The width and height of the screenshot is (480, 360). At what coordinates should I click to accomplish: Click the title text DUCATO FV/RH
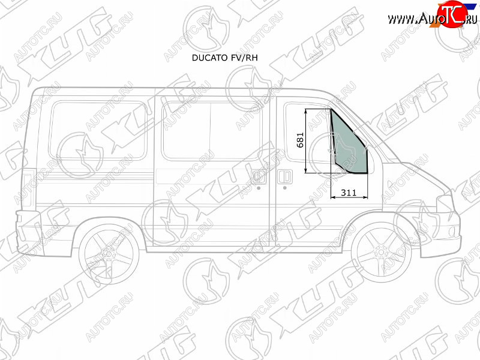(224, 58)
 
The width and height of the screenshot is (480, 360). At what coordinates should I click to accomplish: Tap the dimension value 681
(301, 140)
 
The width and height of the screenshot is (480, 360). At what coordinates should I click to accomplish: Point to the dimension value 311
(349, 193)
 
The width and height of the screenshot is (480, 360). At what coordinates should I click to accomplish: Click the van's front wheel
(381, 252)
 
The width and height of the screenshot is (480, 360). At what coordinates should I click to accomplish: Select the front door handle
(284, 177)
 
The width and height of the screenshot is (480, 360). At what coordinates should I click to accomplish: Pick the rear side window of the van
(98, 131)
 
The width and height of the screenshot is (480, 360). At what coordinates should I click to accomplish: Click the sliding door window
(211, 131)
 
